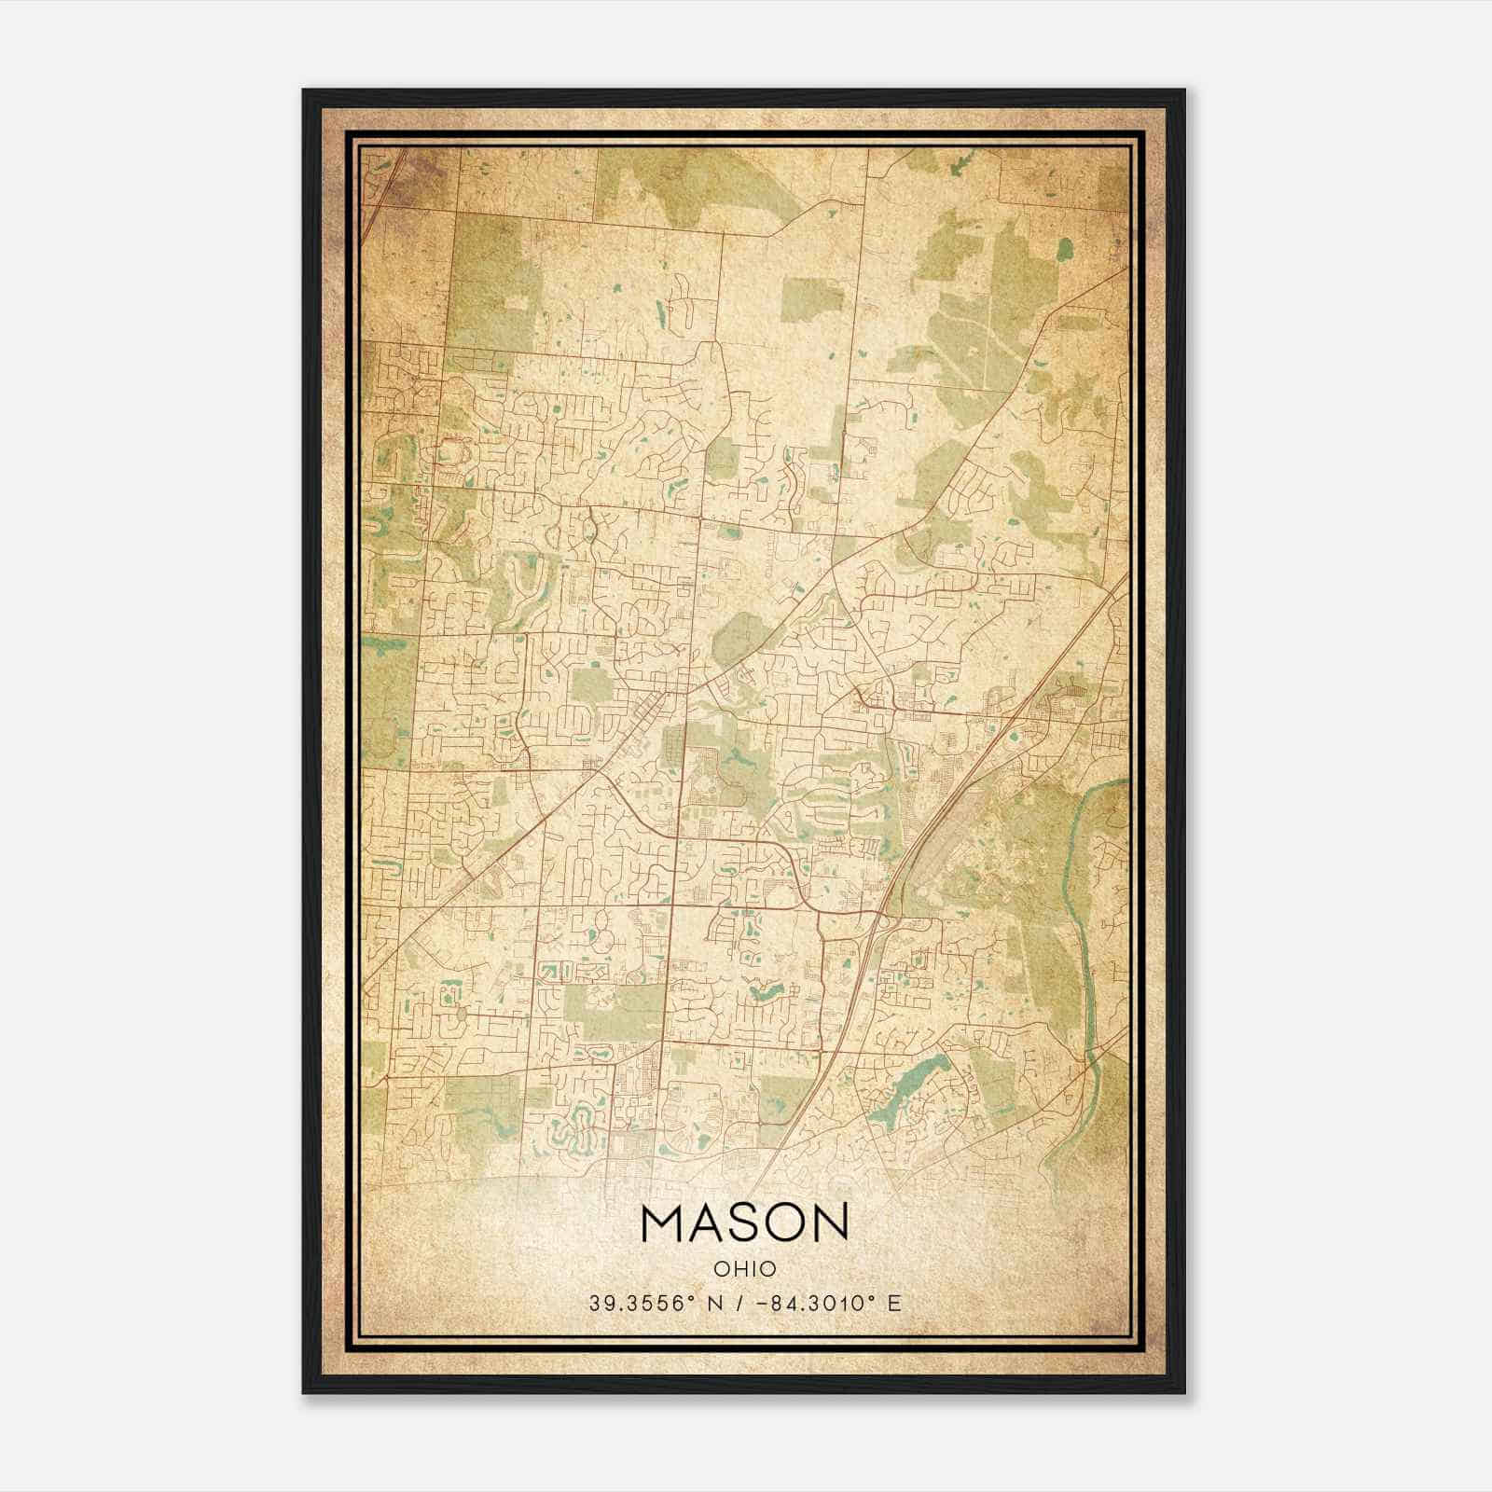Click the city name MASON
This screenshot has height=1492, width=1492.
[x=744, y=1223]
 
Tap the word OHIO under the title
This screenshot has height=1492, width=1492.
[x=744, y=1268]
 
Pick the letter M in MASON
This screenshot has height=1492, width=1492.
[x=662, y=1223]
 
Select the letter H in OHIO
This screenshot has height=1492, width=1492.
[x=735, y=1268]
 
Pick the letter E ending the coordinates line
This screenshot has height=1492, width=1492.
[x=895, y=1303]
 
